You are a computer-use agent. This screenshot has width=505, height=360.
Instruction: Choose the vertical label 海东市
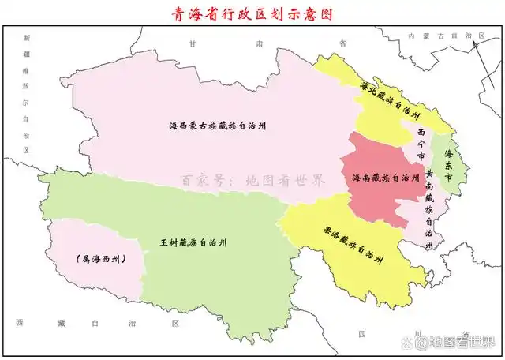pyautogui.click(x=448, y=167)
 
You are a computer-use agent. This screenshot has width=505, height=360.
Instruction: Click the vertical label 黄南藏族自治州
pyautogui.click(x=429, y=208)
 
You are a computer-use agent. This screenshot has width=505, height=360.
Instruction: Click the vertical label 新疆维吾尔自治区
pyautogui.click(x=25, y=93)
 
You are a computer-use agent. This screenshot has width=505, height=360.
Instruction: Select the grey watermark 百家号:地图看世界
pyautogui.click(x=252, y=180)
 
